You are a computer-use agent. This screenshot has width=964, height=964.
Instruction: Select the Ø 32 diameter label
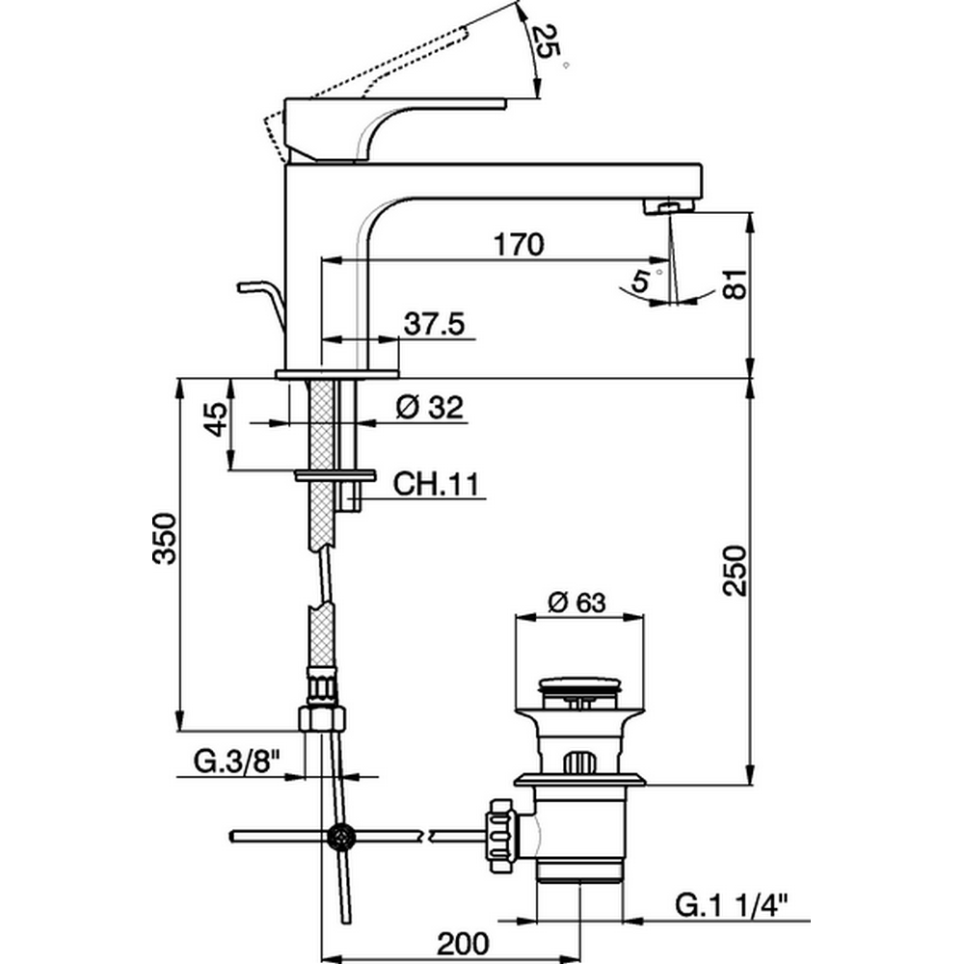[431, 408]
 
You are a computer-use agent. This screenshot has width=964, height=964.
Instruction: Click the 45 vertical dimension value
[218, 422]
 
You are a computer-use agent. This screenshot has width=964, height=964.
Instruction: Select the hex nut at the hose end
[321, 717]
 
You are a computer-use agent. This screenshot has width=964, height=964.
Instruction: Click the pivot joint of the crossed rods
[339, 836]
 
